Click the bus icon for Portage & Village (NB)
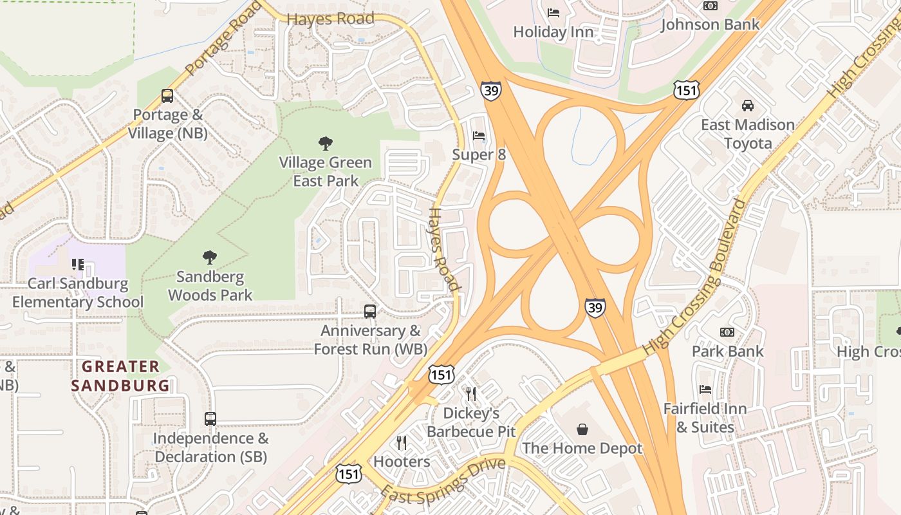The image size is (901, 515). (x=167, y=96)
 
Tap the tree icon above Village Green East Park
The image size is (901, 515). (x=326, y=144)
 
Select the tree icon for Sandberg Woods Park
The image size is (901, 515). (x=209, y=258)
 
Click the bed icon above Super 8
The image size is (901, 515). (x=479, y=136)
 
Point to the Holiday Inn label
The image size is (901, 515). (x=553, y=32)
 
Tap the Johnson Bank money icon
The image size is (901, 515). (x=711, y=6)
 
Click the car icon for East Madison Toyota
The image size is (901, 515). (x=747, y=106)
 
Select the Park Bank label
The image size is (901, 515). (x=727, y=351)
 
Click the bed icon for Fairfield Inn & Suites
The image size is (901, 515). (x=705, y=389)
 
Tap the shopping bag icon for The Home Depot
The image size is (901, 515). (x=582, y=429)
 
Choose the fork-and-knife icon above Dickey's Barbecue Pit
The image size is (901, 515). (x=471, y=393)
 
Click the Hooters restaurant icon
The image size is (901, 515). (x=402, y=443)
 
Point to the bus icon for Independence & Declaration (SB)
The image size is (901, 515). (x=210, y=419)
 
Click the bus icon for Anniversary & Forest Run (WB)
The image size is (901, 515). (x=370, y=312)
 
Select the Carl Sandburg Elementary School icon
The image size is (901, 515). (x=78, y=265)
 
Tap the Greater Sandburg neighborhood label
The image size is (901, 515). (x=120, y=376)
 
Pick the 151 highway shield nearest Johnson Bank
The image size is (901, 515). (x=687, y=90)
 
